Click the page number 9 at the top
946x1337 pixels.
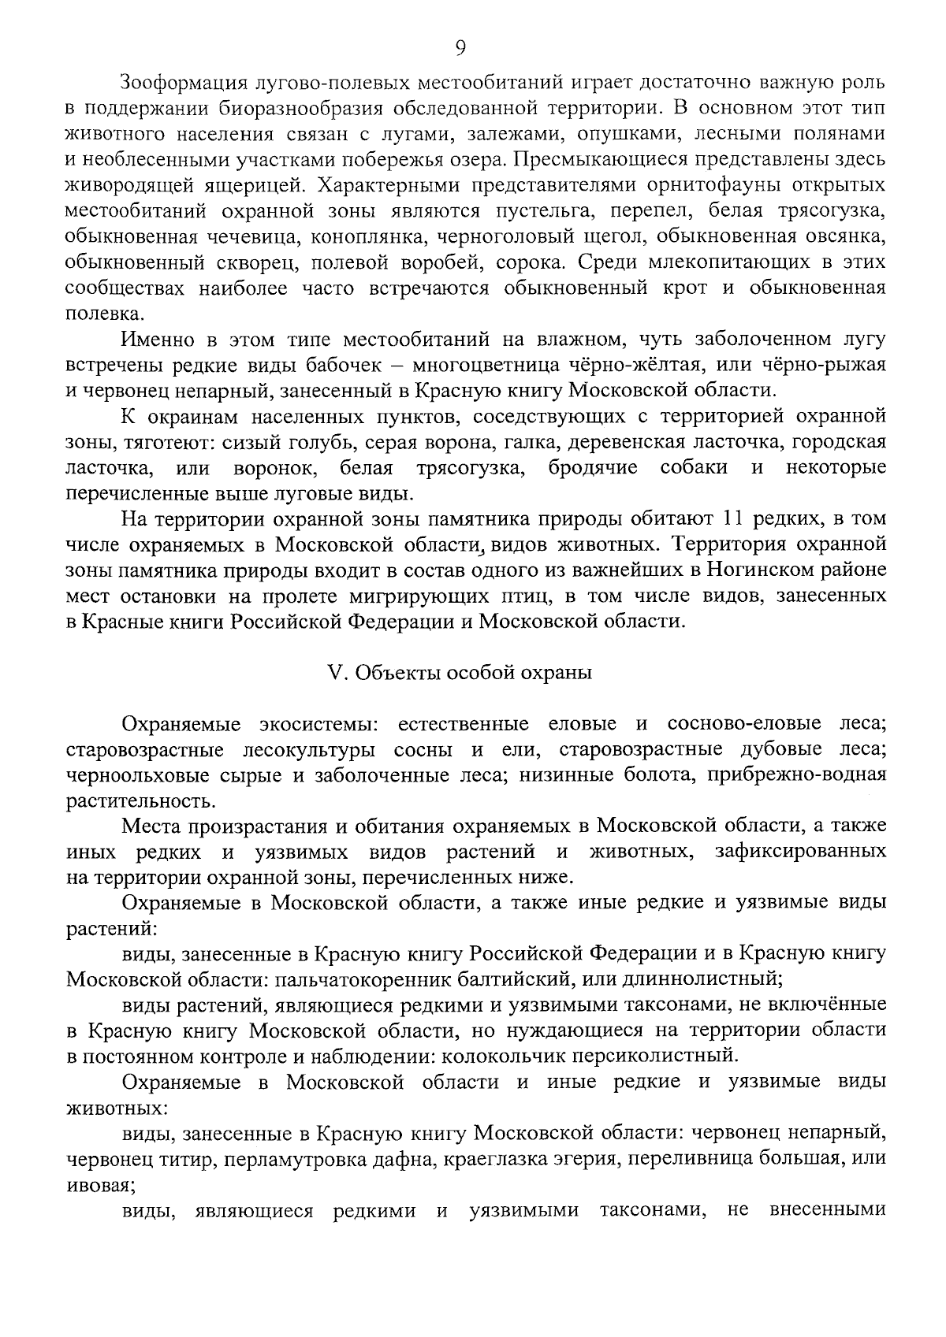pyautogui.click(x=461, y=48)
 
